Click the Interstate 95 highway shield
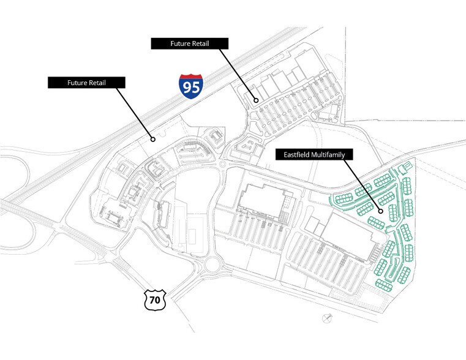191,86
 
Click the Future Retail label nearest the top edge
190,43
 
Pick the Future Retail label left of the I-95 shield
86,81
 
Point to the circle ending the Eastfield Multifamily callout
381,212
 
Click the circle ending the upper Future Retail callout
257,99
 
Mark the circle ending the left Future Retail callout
153,139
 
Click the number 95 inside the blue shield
191,88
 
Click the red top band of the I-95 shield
191,77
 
